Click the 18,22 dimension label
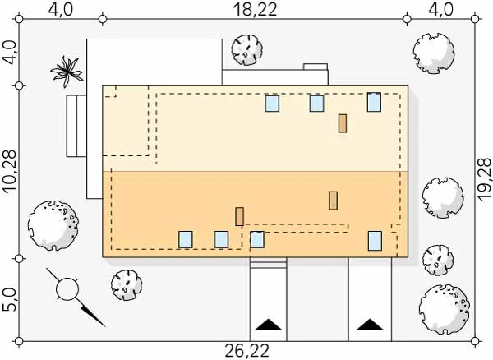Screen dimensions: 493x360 tap(256, 10)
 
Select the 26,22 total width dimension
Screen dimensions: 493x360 tap(247, 351)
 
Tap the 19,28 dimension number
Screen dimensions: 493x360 tap(484, 178)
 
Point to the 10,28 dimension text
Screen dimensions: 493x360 tap(10, 171)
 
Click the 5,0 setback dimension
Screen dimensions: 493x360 tap(9, 300)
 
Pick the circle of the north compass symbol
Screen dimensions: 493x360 tap(67, 289)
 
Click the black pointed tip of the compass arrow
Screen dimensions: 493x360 tap(104, 326)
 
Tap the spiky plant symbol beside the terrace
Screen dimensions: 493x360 tap(67, 72)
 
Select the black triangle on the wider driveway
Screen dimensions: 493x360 tap(370, 325)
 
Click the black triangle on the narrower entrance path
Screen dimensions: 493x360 tap(268, 325)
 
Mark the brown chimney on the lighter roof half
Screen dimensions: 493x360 tap(343, 123)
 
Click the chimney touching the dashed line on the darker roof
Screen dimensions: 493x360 tap(240, 216)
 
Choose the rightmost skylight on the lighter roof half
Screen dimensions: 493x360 tap(374, 102)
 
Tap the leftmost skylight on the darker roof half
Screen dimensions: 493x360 tap(186, 239)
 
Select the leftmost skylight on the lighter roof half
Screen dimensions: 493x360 tap(272, 104)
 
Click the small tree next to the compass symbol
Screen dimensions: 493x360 tap(127, 285)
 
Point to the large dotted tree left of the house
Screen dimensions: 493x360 tap(53, 225)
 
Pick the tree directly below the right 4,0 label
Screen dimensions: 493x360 tap(434, 53)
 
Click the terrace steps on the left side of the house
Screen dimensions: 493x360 tap(76, 126)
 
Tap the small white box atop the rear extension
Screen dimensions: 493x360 tap(316, 67)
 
